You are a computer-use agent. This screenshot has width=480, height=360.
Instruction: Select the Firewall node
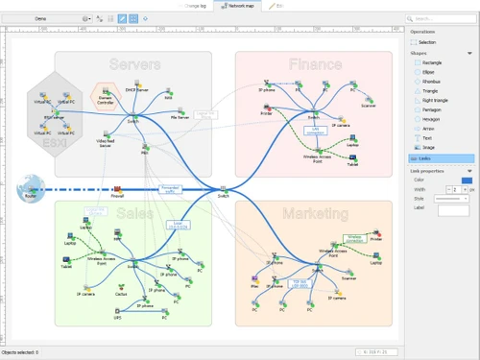click(116, 190)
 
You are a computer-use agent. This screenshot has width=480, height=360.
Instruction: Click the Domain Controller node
click(106, 94)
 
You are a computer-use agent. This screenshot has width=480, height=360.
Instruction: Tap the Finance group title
click(315, 64)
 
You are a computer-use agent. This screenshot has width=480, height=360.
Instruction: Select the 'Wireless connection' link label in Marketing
click(354, 235)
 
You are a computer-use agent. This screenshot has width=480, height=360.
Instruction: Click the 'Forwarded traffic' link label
click(169, 189)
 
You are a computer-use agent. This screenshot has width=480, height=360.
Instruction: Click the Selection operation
click(426, 42)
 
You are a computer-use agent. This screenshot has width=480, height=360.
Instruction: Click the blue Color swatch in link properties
click(467, 180)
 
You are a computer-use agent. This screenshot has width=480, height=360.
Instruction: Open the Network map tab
click(240, 5)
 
